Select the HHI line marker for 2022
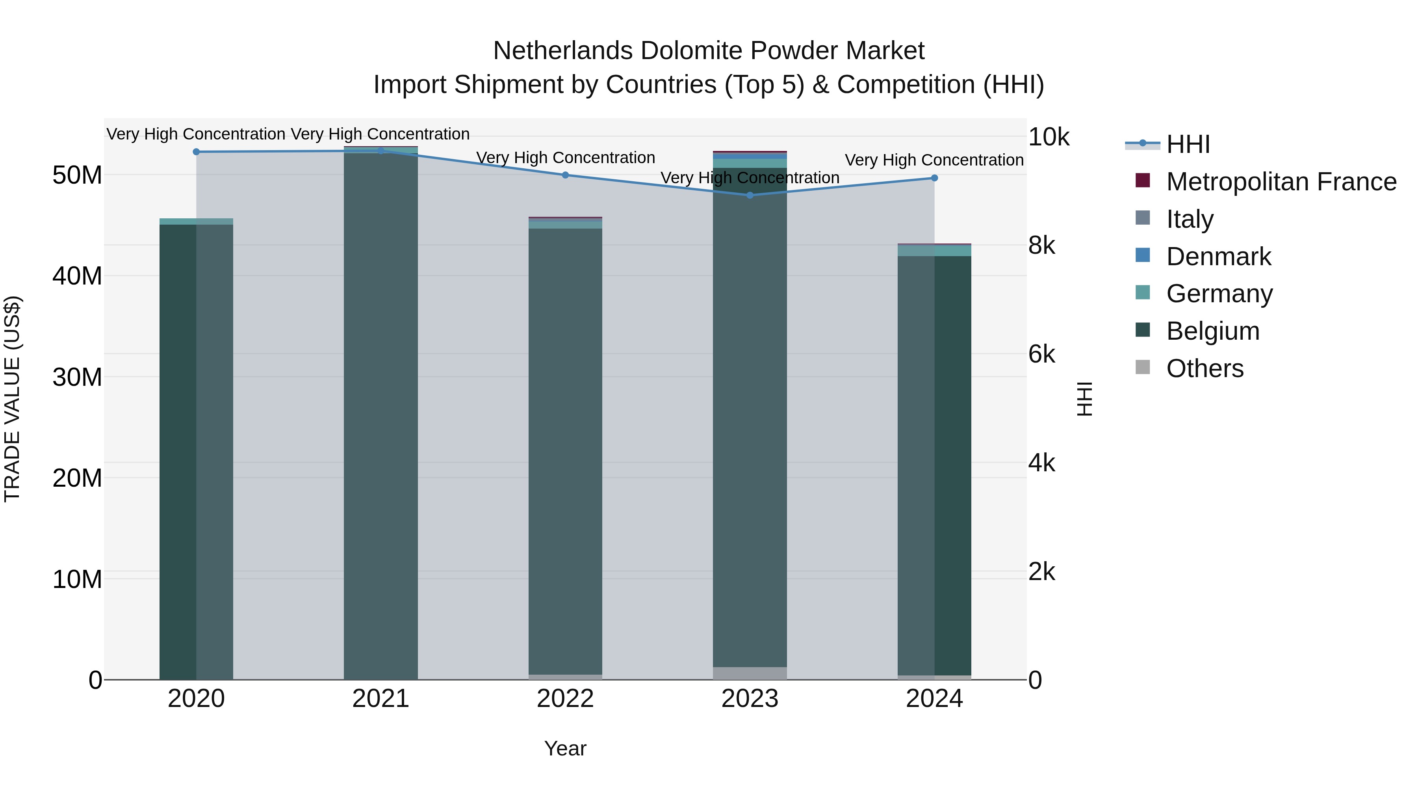click(565, 175)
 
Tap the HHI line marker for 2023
click(750, 195)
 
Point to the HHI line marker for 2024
click(934, 178)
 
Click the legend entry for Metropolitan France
click(1281, 182)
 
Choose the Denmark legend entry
click(1218, 257)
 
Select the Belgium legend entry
click(1213, 331)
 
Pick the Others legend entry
click(1205, 368)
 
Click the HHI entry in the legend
click(1188, 144)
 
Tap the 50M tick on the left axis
click(77, 175)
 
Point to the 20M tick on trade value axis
click(77, 478)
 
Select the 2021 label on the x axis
click(380, 699)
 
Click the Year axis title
click(565, 748)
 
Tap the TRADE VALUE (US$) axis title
click(13, 399)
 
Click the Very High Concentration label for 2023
click(750, 177)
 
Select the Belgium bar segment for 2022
click(565, 452)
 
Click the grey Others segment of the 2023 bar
click(750, 673)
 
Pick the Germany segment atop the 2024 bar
click(934, 251)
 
